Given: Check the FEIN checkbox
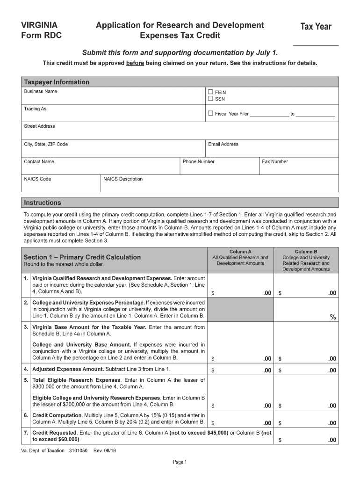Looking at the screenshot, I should pos(210,92).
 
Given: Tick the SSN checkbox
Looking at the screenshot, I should pos(210,99).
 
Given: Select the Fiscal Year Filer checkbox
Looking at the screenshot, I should pos(210,113).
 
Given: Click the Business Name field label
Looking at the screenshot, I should pos(41,91).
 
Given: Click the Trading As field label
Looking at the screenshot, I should pos(36,109).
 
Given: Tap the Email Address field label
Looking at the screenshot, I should pos(223,144).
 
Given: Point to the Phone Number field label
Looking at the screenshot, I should pos(199,161).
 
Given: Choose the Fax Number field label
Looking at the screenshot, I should pos(275,161).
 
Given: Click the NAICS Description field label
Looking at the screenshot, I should pos(123,179).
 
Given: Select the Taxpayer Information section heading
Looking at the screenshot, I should pos(57,82).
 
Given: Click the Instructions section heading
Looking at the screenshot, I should pos(43,203).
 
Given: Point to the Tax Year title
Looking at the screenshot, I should pos(316,27).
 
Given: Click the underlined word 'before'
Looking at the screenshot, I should pos(135,63).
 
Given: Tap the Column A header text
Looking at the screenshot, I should pos(240,252).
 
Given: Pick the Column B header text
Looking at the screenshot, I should pos(306,252).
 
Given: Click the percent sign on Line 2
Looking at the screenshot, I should pos(333,317).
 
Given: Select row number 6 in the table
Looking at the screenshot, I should pos(26,415).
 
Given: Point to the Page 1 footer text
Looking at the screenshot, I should pos(180,462).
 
